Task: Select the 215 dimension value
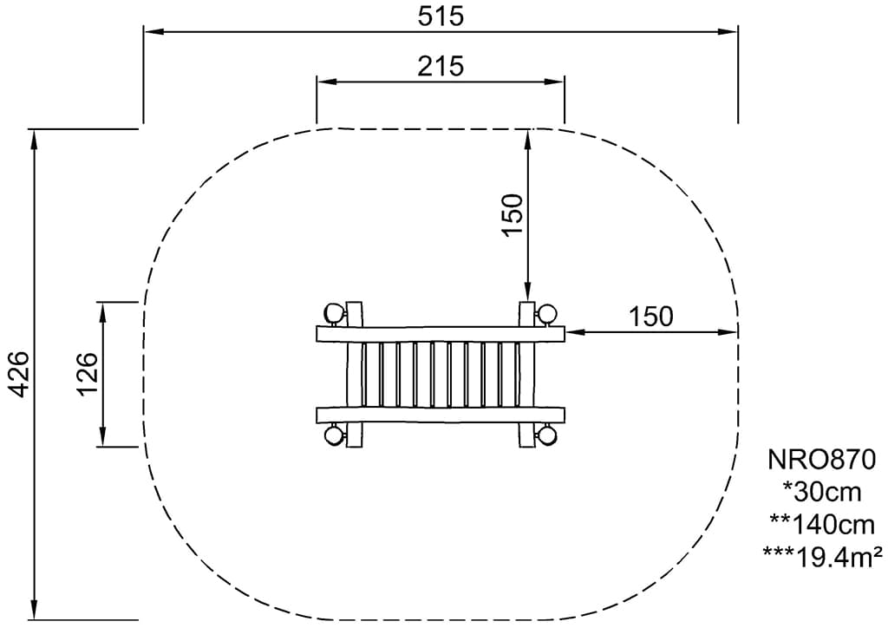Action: (x=441, y=66)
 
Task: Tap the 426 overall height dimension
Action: (x=19, y=375)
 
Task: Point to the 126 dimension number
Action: (x=87, y=375)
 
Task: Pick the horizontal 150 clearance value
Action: (x=651, y=317)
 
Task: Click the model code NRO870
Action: (x=822, y=459)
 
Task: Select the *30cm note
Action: (x=822, y=492)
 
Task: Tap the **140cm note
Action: (x=822, y=525)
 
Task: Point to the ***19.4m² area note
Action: (x=822, y=557)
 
